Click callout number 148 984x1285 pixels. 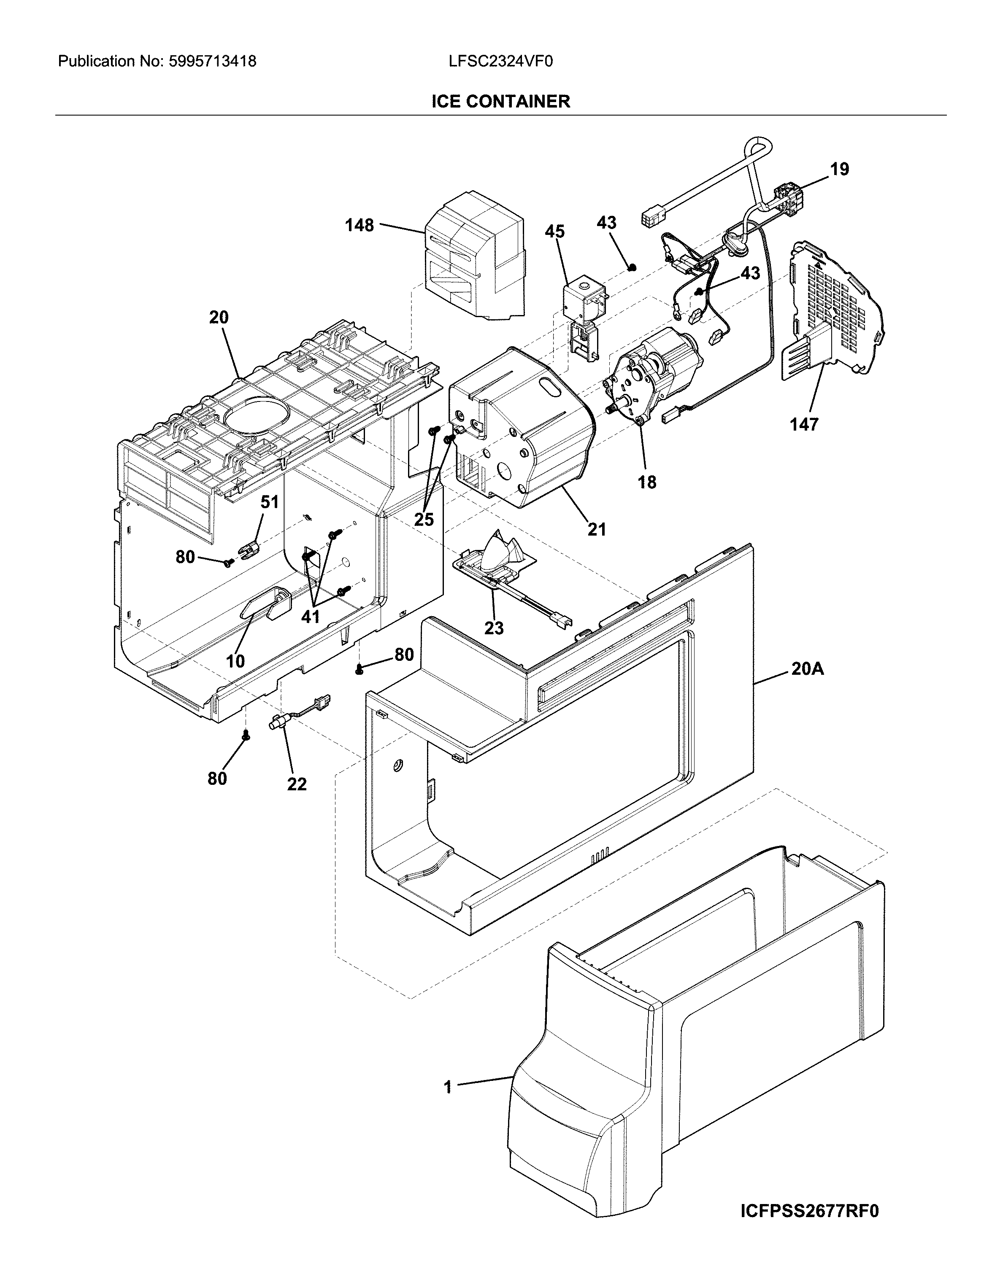(x=359, y=225)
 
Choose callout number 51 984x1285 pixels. (x=270, y=502)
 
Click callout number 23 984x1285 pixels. (x=494, y=628)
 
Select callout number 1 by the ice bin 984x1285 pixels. (x=448, y=1088)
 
